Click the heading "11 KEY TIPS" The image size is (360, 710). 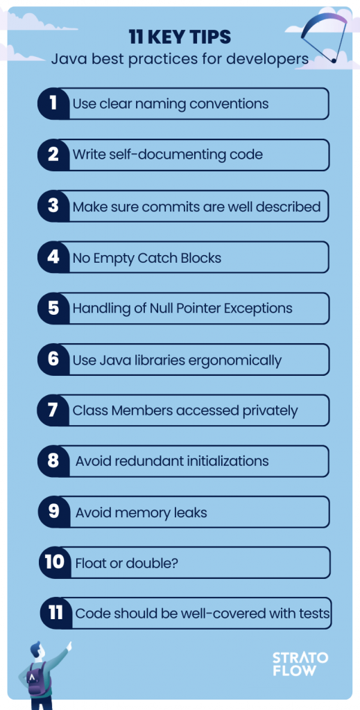[x=180, y=37]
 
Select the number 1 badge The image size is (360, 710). [x=53, y=104]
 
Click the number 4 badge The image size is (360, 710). [x=53, y=257]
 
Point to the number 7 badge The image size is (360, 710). [x=53, y=410]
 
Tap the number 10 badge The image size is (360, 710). [x=55, y=562]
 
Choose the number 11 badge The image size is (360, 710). [x=56, y=613]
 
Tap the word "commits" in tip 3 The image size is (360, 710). [x=170, y=207]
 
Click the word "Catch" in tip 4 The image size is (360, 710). [x=160, y=258]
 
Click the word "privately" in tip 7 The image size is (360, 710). [x=271, y=411]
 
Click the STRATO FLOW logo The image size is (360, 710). [x=300, y=664]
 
